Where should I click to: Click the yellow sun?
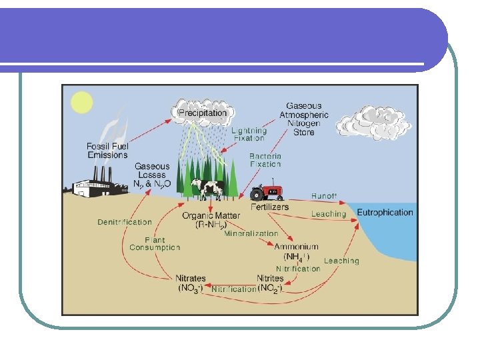[x=81, y=101]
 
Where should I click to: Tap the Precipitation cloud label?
[x=202, y=113]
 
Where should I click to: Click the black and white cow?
[x=207, y=189]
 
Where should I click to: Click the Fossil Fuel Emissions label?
[x=107, y=151]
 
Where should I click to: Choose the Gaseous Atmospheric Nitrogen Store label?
[x=304, y=119]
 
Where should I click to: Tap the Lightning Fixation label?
[x=249, y=135]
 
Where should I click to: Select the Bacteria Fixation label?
[x=265, y=160]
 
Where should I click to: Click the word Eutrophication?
[x=385, y=213]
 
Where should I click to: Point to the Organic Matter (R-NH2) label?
[x=211, y=221]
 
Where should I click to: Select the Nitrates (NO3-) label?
[x=191, y=283]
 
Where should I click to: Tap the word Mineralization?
[x=251, y=234]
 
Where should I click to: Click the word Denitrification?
[x=125, y=222]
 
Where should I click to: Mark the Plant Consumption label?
[x=155, y=243]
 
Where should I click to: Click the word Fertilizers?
[x=270, y=207]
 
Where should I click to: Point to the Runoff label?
[x=325, y=196]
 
